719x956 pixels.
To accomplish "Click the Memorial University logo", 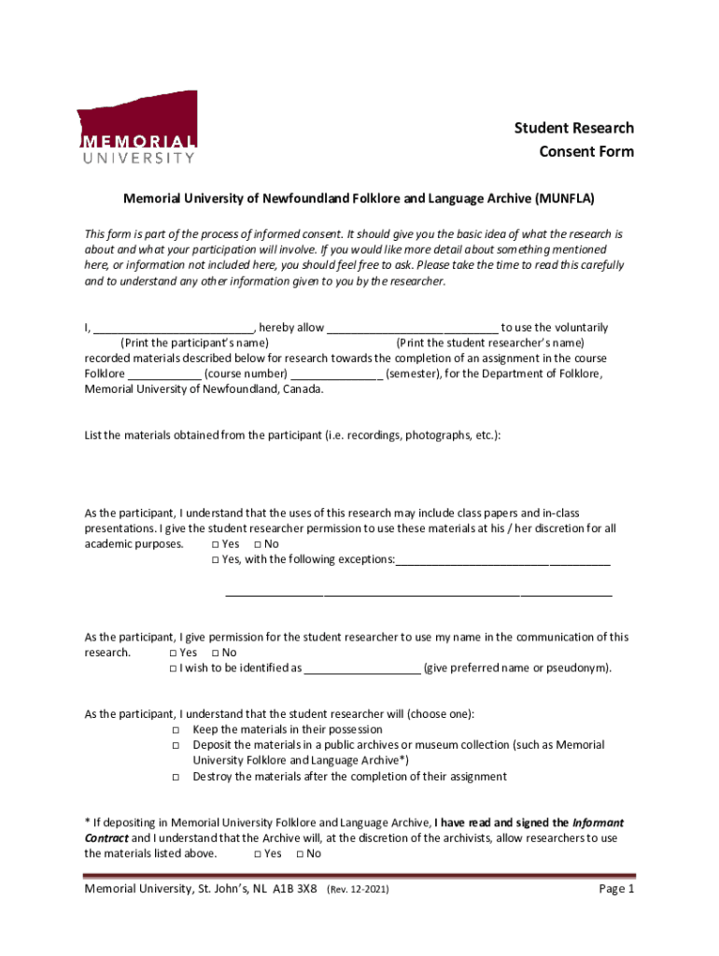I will point(136,128).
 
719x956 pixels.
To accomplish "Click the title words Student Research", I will point(574,128).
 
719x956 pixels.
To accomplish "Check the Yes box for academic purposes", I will point(215,544).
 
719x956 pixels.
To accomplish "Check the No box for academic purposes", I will point(257,544).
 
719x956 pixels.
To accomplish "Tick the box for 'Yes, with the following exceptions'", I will point(215,560).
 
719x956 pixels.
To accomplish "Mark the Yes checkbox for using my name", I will point(173,653).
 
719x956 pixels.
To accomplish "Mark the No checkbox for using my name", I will point(215,653).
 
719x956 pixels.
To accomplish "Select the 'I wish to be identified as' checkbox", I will point(173,668).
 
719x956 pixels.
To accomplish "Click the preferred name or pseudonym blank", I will point(362,669).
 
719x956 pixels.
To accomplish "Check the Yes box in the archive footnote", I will point(257,853).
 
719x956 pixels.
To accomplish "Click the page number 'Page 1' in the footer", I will point(616,889).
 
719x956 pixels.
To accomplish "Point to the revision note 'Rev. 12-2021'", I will point(358,890).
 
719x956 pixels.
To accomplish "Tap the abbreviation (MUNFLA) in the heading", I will point(565,199).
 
